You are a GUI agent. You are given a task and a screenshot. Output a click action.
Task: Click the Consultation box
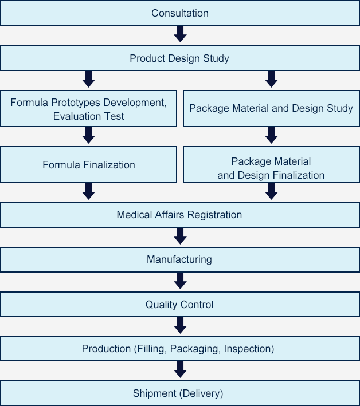pos(180,13)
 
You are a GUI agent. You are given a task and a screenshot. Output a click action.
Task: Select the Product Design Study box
pos(180,58)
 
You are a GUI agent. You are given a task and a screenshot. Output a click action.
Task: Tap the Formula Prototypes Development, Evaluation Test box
pos(88,109)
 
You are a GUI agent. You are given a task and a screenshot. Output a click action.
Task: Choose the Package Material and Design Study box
pos(271,109)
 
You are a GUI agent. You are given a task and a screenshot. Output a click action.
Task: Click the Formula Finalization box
pos(88,165)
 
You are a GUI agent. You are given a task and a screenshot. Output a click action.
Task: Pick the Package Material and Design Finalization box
pos(271,168)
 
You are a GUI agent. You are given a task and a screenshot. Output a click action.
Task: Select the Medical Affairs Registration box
pos(180,215)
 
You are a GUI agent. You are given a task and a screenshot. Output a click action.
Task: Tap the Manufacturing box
pos(180,260)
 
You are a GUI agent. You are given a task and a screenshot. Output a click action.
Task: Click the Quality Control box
pos(180,305)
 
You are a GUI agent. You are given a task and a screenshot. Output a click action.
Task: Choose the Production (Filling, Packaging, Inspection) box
pos(180,349)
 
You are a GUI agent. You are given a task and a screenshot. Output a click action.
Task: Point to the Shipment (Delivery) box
pos(180,393)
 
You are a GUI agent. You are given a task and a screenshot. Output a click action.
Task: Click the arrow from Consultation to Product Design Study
pos(180,35)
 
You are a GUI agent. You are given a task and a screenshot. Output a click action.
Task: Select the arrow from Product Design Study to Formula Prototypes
pos(88,80)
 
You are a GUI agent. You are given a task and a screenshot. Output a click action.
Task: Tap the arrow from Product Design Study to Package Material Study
pos(271,80)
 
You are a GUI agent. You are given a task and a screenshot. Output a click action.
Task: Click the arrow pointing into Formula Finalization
pos(88,136)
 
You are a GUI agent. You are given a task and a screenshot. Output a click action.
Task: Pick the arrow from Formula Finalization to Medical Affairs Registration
pos(88,192)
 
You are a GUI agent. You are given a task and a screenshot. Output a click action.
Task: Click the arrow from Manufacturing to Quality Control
pos(180,281)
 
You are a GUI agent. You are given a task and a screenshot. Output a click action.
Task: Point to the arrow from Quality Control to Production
pos(180,326)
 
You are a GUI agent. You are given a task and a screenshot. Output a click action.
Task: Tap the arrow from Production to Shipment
pos(180,370)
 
